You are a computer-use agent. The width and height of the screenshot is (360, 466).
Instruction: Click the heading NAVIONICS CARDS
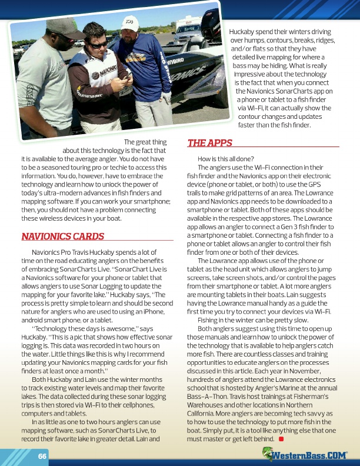click(62, 237)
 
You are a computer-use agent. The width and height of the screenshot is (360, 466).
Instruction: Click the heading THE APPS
click(209, 143)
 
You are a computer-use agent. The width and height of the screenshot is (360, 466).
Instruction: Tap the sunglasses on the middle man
click(97, 44)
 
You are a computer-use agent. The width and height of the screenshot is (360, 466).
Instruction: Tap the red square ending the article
click(282, 438)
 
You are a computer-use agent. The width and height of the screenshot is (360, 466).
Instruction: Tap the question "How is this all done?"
click(226, 159)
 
